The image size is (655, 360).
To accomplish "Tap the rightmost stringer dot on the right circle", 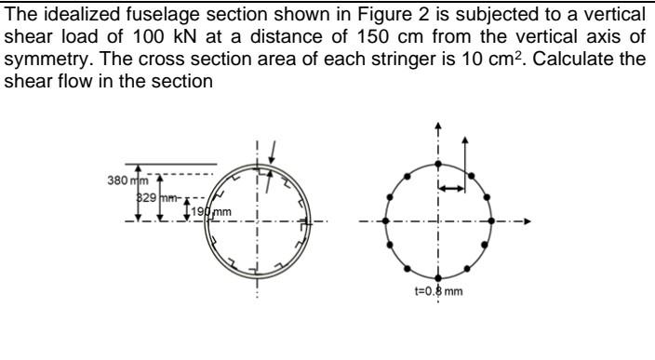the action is (492, 221).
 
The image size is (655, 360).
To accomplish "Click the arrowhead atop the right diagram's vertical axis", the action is (437, 127).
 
